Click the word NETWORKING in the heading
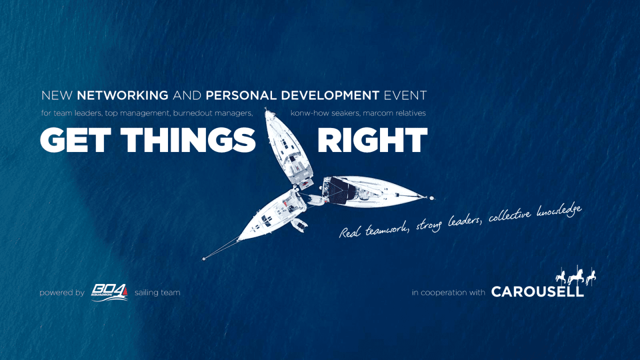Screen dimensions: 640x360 pos(122,95)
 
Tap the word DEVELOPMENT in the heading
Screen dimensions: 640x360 pos(330,95)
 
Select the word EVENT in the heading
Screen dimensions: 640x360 pos(405,95)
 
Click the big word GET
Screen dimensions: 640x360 pos(75,140)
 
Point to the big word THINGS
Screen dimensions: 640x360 pos(188,140)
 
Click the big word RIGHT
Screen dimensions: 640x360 pos(372,140)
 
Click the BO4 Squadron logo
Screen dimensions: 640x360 pos(109,292)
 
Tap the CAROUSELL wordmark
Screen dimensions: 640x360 pos(537,292)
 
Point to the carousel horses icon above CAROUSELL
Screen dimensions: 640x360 pos(575,276)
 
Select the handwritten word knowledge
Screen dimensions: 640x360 pos(559,211)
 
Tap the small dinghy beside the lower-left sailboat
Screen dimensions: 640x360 pos(299,225)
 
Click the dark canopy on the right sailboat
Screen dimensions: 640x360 pos(342,190)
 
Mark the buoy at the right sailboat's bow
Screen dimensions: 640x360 pos(431,197)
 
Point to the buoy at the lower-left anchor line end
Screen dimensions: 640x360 pos(204,259)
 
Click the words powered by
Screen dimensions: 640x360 pos(62,293)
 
